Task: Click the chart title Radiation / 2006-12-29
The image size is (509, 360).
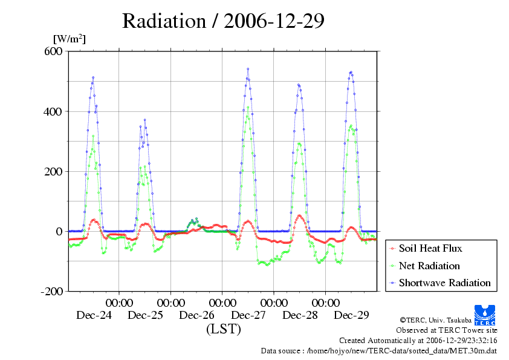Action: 223,22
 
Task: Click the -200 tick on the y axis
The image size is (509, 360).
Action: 52,291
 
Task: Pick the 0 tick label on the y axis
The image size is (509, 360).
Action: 59,231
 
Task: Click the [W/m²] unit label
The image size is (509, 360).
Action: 70,39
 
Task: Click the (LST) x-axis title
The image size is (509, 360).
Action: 223,329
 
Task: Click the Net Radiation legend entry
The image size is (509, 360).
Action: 429,266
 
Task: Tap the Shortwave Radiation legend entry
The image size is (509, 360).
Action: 444,283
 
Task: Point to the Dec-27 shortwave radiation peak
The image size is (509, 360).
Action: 248,69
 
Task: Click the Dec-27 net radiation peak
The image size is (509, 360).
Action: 248,108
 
